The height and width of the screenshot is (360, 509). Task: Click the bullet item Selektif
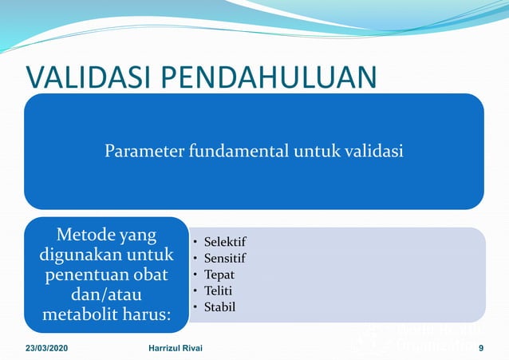click(x=224, y=242)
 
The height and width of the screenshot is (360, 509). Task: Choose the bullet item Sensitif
click(x=225, y=258)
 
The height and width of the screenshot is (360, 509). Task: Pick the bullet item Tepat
click(x=219, y=274)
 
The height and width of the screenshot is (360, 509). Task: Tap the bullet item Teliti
click(x=219, y=291)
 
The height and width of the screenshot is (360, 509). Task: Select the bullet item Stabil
click(x=219, y=307)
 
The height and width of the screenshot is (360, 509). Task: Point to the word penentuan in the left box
click(x=84, y=275)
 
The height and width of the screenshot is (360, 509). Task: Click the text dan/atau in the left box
click(x=106, y=295)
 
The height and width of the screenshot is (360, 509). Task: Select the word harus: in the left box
click(x=148, y=315)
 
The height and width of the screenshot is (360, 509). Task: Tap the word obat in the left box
click(x=150, y=275)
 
